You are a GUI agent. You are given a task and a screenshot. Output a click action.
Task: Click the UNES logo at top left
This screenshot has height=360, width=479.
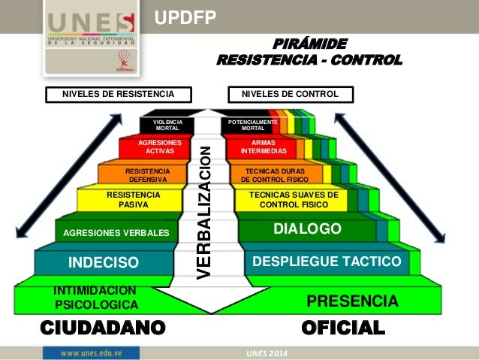90,38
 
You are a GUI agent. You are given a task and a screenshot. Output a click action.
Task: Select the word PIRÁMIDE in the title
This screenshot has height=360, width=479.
309,43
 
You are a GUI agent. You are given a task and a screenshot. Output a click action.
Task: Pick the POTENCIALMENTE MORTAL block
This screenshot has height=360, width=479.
252,125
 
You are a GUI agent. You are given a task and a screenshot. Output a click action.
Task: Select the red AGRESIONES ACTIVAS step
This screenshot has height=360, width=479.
160,147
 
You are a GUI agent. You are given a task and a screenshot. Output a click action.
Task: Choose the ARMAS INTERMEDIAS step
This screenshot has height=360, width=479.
264,147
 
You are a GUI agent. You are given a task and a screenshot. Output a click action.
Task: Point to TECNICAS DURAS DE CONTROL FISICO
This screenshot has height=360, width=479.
275,175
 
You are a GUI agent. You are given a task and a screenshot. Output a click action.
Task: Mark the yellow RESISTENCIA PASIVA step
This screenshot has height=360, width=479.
128,199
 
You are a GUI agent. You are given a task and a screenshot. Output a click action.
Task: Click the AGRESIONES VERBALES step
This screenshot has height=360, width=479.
116,232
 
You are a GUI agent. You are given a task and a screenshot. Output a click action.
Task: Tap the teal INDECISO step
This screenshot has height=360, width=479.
104,262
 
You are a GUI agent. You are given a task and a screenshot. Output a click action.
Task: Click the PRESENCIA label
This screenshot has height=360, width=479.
352,301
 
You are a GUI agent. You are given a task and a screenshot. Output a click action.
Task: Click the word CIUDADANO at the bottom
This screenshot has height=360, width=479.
102,327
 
